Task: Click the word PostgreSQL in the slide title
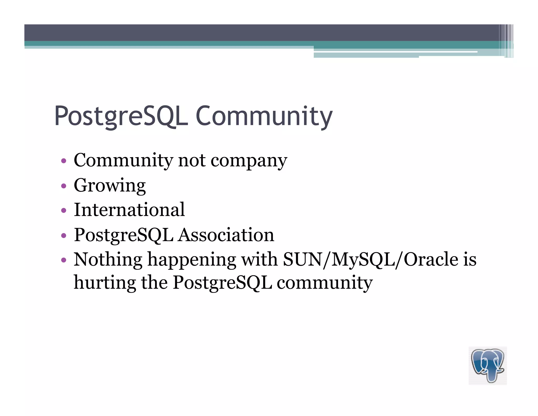pyautogui.click(x=121, y=116)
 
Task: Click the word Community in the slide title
pyautogui.click(x=264, y=116)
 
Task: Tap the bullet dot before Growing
pyautogui.click(x=63, y=186)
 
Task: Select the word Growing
pyautogui.click(x=110, y=185)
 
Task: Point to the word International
pyautogui.click(x=129, y=210)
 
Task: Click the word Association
pyautogui.click(x=226, y=235)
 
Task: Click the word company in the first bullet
pyautogui.click(x=249, y=161)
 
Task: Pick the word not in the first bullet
pyautogui.click(x=192, y=160)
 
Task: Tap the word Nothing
pyautogui.click(x=108, y=260)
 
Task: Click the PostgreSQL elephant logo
pyautogui.click(x=488, y=366)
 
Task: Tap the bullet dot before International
pyautogui.click(x=63, y=211)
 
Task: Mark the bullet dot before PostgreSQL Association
pyautogui.click(x=63, y=235)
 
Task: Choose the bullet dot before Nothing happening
pyautogui.click(x=63, y=260)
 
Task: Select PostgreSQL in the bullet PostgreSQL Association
pyautogui.click(x=123, y=235)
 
